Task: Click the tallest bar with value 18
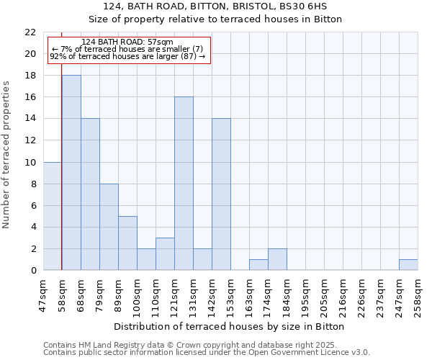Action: coord(71,173)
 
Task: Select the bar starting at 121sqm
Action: coord(184,184)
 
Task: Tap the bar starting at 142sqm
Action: coord(221,194)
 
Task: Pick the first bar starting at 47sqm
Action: coord(52,216)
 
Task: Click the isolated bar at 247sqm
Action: coord(408,265)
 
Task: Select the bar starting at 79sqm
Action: coord(109,227)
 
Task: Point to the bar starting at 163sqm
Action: coord(258,265)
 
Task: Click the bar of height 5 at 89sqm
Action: coord(127,243)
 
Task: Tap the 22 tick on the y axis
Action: coord(30,32)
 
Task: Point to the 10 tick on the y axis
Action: coord(30,162)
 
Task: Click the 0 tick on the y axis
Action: coord(33,271)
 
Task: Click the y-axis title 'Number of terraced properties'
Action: coord(6,155)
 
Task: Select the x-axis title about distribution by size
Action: coord(230,326)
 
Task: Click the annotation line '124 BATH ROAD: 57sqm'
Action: coord(127,42)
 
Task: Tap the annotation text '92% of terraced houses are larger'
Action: coord(127,56)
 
